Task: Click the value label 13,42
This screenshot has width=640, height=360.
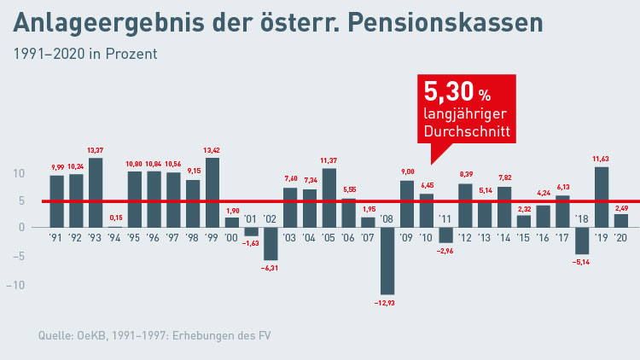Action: tap(212, 151)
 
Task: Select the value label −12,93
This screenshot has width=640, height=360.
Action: tap(387, 302)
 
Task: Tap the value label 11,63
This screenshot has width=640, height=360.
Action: tap(601, 160)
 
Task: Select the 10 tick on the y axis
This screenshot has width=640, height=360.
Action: tap(19, 174)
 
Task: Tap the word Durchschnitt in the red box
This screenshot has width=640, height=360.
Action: tap(467, 133)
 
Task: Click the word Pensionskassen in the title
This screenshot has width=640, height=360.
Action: tap(457, 23)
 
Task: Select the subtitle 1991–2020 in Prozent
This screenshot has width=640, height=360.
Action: tap(84, 54)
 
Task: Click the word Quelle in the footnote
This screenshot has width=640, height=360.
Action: tap(55, 335)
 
